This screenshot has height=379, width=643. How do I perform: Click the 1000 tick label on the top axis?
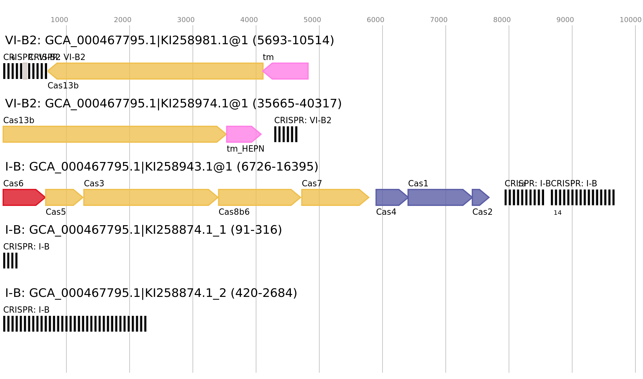(59, 20)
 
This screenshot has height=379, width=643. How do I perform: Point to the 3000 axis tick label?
(186, 20)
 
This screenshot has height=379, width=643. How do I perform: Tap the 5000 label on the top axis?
(312, 20)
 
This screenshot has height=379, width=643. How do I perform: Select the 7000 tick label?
(438, 20)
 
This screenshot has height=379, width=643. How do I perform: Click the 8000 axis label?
(502, 20)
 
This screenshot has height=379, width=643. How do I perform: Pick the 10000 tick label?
(630, 20)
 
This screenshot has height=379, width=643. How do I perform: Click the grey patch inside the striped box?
(25, 71)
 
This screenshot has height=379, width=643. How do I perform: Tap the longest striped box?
(75, 324)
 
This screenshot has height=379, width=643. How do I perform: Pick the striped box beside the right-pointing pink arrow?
(285, 134)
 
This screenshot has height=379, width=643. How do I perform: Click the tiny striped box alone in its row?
(10, 261)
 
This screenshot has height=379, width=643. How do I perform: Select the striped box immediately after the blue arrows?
(524, 197)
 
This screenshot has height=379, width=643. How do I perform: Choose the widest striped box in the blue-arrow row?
(582, 197)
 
